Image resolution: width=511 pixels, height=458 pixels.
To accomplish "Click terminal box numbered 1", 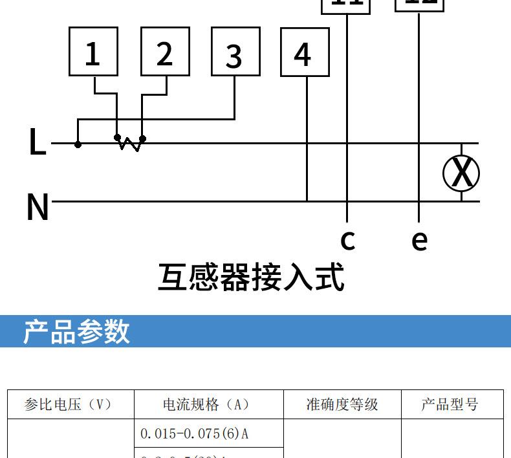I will tap(93, 52).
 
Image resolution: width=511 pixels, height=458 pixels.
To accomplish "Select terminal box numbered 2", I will tap(165, 52).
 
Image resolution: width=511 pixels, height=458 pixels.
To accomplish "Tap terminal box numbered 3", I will tap(235, 52).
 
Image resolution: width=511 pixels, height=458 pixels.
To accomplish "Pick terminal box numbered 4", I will tap(305, 52).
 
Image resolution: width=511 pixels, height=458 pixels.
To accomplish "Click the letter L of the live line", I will tap(38, 142).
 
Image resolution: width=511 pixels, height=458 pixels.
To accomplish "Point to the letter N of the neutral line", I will tap(38, 207).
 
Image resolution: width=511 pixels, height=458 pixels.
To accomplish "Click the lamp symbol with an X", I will tap(461, 173).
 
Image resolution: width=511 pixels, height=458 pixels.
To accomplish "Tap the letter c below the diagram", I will tap(347, 239).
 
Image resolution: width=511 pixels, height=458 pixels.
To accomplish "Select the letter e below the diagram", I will tap(419, 240).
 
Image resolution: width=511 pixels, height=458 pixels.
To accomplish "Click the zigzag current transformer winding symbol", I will tap(130, 144).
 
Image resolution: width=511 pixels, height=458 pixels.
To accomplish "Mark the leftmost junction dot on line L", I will tap(78, 144).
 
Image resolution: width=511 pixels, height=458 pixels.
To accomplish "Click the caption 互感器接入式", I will tap(251, 277).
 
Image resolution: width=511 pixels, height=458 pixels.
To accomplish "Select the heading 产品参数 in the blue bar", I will tap(76, 331).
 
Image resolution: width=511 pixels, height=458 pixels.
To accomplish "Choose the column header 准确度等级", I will tap(342, 405).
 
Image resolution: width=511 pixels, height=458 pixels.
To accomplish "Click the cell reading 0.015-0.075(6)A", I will tap(194, 433).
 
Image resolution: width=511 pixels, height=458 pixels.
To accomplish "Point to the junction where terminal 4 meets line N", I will tap(307, 201).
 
